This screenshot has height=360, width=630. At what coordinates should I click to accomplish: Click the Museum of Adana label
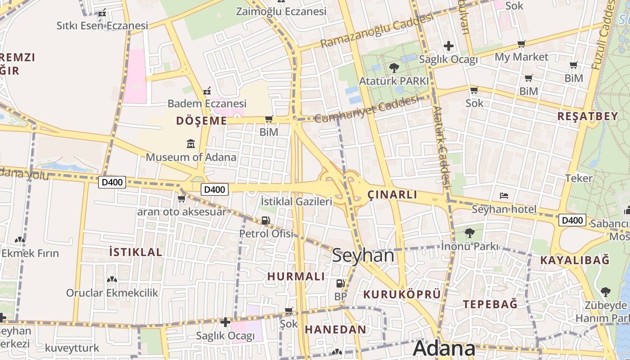pyautogui.click(x=191, y=157)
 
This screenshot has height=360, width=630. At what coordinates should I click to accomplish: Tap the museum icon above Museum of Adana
pyautogui.click(x=191, y=144)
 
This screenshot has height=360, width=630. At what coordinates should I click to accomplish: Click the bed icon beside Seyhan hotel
pyautogui.click(x=504, y=196)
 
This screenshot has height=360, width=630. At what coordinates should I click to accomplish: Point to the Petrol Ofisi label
pyautogui.click(x=266, y=234)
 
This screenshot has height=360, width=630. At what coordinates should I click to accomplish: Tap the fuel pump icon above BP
pyautogui.click(x=341, y=283)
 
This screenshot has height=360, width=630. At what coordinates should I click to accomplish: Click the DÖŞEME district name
pyautogui.click(x=202, y=121)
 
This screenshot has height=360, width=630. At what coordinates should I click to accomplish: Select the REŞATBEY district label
pyautogui.click(x=588, y=116)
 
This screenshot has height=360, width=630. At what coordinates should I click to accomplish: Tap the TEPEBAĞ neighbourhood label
pyautogui.click(x=490, y=304)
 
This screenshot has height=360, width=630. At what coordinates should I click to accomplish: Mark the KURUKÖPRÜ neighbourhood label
pyautogui.click(x=402, y=294)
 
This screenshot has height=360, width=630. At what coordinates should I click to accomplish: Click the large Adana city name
pyautogui.click(x=444, y=349)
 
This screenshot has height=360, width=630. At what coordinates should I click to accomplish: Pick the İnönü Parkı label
pyautogui.click(x=470, y=246)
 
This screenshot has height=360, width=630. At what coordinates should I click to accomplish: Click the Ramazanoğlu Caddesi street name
pyautogui.click(x=377, y=30)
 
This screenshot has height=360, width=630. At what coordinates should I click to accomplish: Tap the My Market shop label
pyautogui.click(x=522, y=57)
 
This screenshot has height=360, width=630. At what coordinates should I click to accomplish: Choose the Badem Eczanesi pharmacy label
pyautogui.click(x=207, y=103)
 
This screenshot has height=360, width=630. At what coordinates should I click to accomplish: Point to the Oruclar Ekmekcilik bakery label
pyautogui.click(x=112, y=293)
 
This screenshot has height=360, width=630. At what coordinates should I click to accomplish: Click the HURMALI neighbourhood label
pyautogui.click(x=296, y=276)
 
